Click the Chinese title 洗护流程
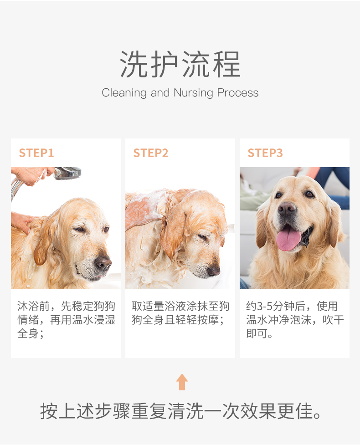[180, 65]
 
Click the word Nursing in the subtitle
[193, 93]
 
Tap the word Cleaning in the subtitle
[124, 93]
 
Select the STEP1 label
[36, 153]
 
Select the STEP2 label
[151, 153]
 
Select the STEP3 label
[265, 153]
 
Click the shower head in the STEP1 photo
[67, 173]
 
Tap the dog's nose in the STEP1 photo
[103, 263]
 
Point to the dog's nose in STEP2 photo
[213, 271]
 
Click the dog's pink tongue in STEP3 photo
[288, 239]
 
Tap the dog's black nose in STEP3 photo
[287, 210]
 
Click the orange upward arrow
[182, 382]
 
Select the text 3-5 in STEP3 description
[265, 306]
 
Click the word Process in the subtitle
[237, 93]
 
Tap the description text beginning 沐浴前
[66, 320]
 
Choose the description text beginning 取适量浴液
[180, 313]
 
